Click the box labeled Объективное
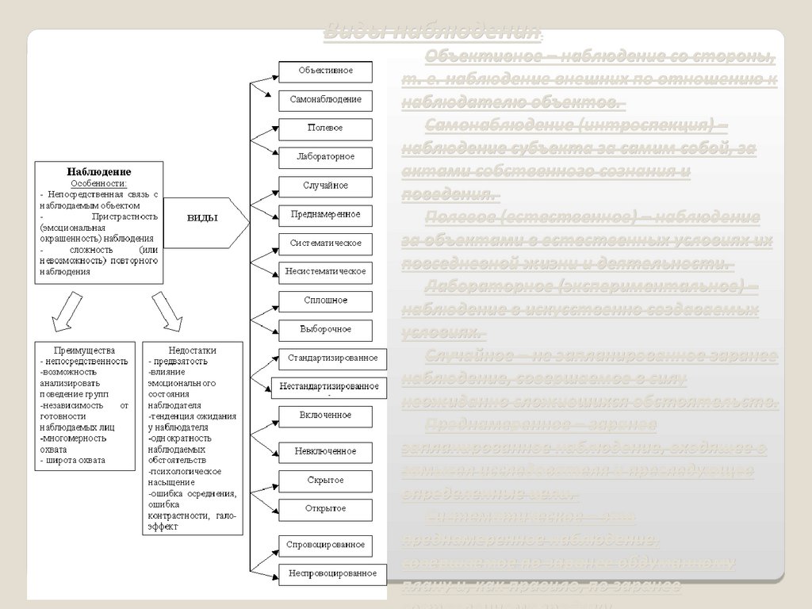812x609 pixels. coord(326,71)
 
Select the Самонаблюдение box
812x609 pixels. coord(326,100)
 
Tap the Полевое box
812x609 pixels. coord(326,128)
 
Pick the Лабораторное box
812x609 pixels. coord(326,156)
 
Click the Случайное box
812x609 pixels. coord(326,186)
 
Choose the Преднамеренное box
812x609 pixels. coord(326,214)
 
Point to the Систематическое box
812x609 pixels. coord(326,243)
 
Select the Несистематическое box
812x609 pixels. coord(326,271)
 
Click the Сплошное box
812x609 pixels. coord(326,301)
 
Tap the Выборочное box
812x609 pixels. coord(326,329)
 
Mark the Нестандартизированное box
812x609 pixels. coord(330,387)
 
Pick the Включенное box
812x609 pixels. coord(326,416)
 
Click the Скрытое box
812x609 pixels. coord(326,481)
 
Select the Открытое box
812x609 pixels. coord(326,508)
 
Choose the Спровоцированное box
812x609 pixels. coord(326,545)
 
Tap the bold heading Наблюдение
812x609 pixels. coord(99,171)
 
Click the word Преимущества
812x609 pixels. coord(84,350)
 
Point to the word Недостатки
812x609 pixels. coord(193,350)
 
